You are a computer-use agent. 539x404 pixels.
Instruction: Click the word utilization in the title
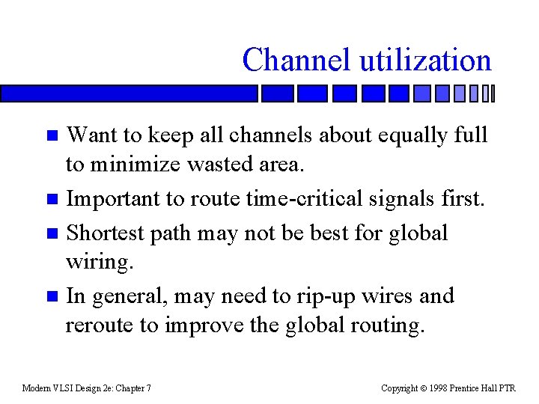click(426, 60)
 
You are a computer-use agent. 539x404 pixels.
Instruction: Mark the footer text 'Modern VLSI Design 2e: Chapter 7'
click(87, 388)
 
